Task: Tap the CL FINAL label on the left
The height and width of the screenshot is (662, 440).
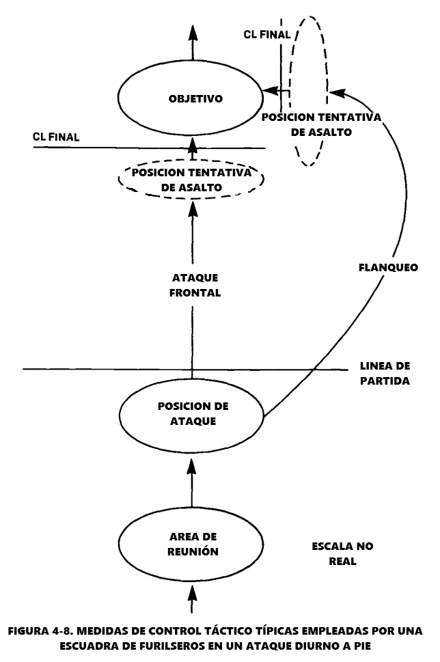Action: [55, 137]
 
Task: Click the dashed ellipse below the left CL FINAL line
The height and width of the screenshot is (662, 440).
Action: [191, 179]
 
